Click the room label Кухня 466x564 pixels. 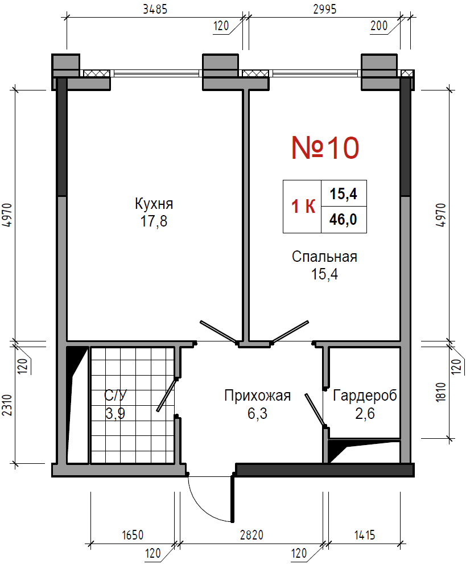pos(154,204)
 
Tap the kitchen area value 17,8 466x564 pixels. pos(154,221)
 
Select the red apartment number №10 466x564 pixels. pos(325,148)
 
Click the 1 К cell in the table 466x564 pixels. pos(303,207)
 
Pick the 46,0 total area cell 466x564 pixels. pos(344,220)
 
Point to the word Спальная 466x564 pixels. pos(324,257)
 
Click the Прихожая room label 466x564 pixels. pos(257,396)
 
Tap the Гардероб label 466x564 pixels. pos(365,396)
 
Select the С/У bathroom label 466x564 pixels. pos(116,396)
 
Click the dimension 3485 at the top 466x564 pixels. pos(155,9)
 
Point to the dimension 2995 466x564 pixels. pos(325,9)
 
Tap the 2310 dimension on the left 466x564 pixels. pos(7,405)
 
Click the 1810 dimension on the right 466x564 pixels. pos(442,392)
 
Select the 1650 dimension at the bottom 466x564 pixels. pos(133,535)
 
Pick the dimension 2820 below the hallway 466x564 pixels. pos(251,535)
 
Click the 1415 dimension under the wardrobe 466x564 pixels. pos(365,535)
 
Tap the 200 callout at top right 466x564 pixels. pos(379,26)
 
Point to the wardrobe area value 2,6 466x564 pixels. pos(365,413)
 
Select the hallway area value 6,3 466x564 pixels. pos(257,413)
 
